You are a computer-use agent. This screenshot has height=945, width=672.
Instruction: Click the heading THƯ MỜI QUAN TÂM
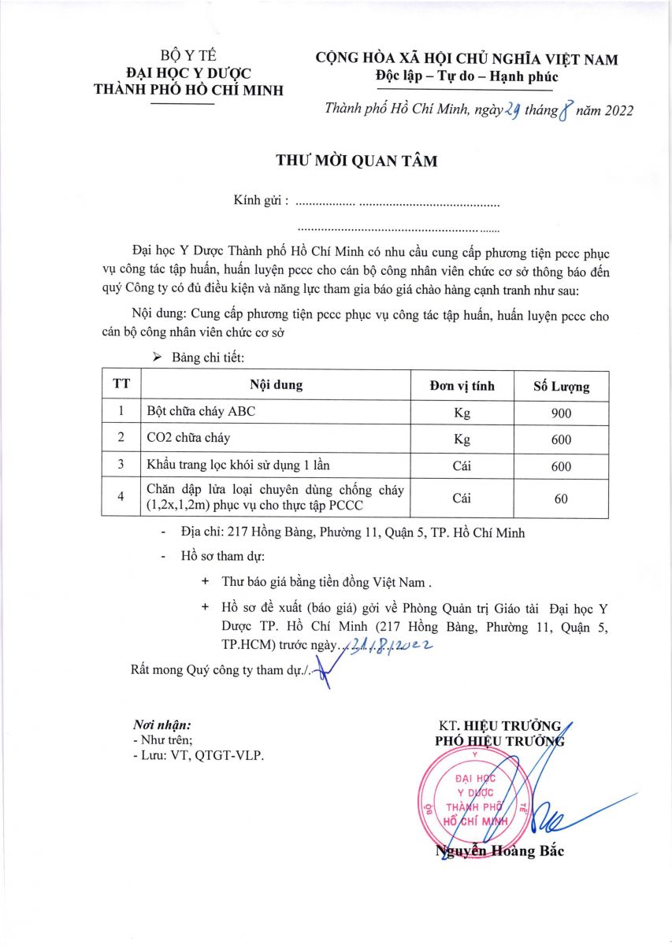click(356, 161)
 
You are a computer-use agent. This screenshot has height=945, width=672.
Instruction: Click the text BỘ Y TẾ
click(188, 56)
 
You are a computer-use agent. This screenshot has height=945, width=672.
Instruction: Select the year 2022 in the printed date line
click(614, 111)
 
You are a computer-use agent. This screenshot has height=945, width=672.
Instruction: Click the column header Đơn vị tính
click(462, 386)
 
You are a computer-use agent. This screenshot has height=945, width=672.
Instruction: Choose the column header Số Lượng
click(561, 386)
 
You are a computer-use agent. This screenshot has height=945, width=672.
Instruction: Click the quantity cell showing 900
click(561, 413)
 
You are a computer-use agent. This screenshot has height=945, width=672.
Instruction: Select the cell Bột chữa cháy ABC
click(201, 413)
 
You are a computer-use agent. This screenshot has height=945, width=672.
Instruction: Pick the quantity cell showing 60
click(561, 498)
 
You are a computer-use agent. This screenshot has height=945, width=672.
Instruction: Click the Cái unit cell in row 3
click(462, 465)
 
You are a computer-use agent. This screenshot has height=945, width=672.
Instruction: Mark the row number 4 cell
click(121, 498)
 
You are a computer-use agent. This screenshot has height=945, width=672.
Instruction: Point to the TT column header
click(121, 386)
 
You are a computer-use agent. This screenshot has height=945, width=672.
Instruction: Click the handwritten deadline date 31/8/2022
click(386, 646)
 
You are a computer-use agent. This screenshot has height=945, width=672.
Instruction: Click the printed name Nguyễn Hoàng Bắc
click(499, 850)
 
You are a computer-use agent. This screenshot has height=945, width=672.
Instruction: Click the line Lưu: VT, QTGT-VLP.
click(199, 755)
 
